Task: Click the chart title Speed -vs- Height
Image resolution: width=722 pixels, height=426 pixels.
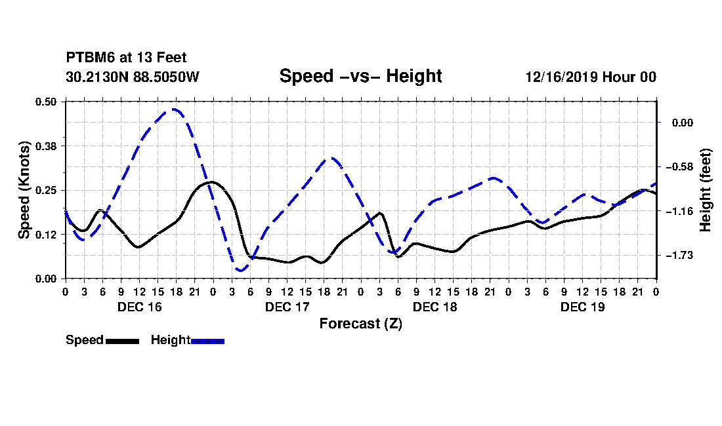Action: point(360,76)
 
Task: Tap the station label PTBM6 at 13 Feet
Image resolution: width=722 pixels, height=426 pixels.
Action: point(126,58)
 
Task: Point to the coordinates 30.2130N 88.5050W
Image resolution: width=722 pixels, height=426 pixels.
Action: point(132,77)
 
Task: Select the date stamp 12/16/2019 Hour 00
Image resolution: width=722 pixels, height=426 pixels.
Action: point(591,77)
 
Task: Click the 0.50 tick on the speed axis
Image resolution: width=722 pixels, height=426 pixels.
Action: point(46,102)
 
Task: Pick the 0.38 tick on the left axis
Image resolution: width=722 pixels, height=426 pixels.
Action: point(46,146)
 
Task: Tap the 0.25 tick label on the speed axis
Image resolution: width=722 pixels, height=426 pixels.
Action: point(46,190)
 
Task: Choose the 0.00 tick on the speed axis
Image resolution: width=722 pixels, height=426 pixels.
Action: point(46,279)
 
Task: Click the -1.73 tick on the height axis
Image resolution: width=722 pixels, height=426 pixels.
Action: point(679,255)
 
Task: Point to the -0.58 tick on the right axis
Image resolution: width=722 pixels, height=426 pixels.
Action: point(679,167)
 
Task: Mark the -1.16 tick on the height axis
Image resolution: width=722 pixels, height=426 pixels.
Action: point(679,212)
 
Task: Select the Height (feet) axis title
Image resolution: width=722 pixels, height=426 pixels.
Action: point(706,190)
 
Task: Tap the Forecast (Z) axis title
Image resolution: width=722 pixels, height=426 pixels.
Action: point(360,324)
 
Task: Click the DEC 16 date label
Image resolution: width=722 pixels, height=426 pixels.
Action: point(140,307)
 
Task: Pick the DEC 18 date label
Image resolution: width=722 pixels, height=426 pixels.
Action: point(435,307)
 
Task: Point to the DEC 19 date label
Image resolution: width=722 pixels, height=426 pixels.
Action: point(582,307)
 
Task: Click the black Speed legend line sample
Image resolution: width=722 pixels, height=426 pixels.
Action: point(123,341)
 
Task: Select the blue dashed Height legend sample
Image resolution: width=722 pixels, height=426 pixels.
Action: point(207,341)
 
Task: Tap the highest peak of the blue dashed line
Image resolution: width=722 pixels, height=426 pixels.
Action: point(173,109)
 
